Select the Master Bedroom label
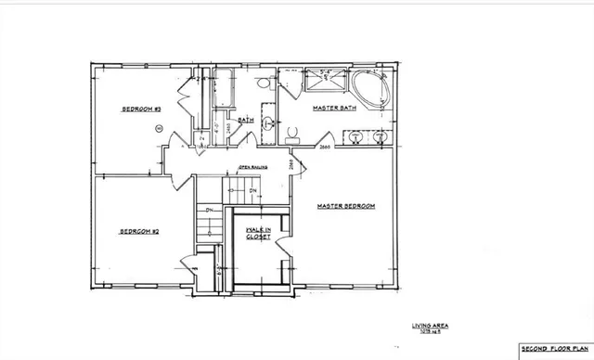[345, 206]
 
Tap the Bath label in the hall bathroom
[246, 121]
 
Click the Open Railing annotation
[253, 167]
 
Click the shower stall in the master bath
[325, 84]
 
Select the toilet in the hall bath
[263, 84]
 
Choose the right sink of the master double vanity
[381, 137]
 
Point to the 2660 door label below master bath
[325, 148]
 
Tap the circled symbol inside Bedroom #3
[159, 126]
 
